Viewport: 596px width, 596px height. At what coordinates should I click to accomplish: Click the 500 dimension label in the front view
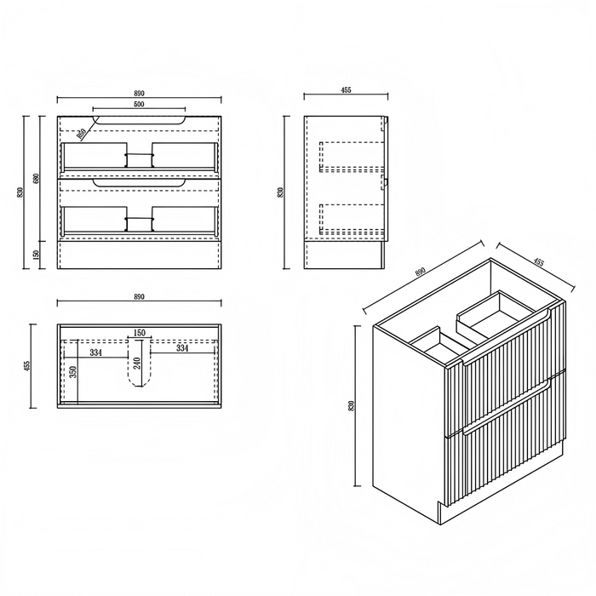[139, 104]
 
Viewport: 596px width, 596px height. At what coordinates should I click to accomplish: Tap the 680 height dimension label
[36, 178]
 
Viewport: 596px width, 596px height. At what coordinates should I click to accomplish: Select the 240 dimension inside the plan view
[137, 364]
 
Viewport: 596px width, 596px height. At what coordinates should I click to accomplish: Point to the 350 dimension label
[74, 371]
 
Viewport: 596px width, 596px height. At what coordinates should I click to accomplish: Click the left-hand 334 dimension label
[95, 352]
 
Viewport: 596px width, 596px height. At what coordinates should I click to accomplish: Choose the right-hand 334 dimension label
[182, 347]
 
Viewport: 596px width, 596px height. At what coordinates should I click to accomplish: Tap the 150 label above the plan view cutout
[140, 333]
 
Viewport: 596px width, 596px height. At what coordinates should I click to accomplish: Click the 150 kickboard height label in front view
[36, 255]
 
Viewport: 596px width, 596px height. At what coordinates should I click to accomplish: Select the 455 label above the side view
[346, 90]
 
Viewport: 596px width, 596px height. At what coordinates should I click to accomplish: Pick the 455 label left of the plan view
[26, 365]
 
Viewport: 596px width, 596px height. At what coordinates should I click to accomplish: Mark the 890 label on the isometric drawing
[420, 272]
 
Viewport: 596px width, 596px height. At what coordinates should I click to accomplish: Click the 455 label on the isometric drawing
[538, 262]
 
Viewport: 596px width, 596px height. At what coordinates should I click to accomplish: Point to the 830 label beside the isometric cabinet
[351, 406]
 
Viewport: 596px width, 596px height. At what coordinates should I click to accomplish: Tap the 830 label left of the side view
[281, 192]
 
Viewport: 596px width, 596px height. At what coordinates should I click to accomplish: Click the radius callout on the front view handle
[80, 134]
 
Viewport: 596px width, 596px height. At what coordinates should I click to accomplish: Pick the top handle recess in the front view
[139, 121]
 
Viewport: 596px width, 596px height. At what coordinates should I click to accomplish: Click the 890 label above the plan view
[139, 297]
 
